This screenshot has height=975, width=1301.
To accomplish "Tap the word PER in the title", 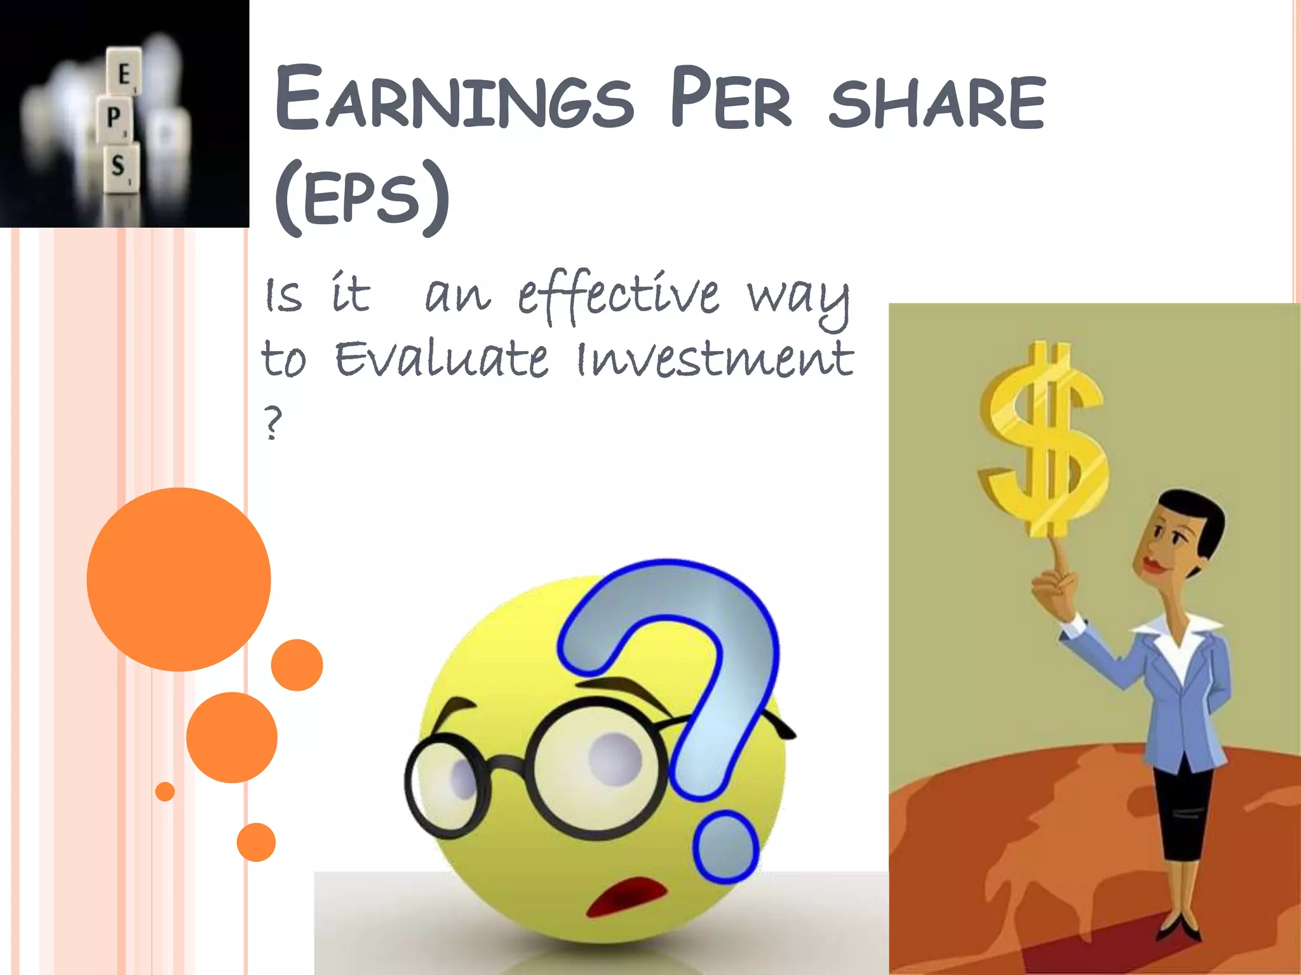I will click(x=731, y=98).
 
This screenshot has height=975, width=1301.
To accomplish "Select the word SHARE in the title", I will click(x=938, y=102).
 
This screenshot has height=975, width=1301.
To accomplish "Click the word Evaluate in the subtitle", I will click(x=441, y=359).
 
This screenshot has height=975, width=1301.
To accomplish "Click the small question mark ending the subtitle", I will click(x=273, y=423).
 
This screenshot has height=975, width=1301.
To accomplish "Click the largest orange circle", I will click(x=179, y=579).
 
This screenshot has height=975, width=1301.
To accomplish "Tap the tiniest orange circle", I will click(x=165, y=792).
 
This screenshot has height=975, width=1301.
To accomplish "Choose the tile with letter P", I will click(x=114, y=118).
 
